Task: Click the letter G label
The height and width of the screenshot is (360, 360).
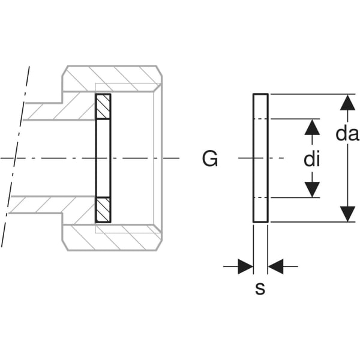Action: pyautogui.click(x=210, y=160)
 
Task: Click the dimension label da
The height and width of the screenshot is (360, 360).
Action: pyautogui.click(x=347, y=134)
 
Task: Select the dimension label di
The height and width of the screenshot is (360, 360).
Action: pyautogui.click(x=311, y=160)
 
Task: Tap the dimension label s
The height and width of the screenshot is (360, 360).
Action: pyautogui.click(x=260, y=289)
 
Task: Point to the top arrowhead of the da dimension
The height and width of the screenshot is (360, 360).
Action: pyautogui.click(x=347, y=103)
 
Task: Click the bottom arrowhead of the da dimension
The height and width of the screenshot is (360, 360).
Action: pyautogui.click(x=347, y=214)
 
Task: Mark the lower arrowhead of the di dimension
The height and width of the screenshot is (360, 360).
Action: pyautogui.click(x=311, y=189)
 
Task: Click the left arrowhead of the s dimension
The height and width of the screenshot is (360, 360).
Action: pyautogui.click(x=245, y=266)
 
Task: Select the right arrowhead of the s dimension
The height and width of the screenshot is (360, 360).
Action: pyautogui.click(x=275, y=266)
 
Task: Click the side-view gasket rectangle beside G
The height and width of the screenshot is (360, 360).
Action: pyautogui.click(x=260, y=158)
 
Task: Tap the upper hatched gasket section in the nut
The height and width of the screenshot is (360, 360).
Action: pyautogui.click(x=103, y=107)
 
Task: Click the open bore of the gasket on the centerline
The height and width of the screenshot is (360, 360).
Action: pyautogui.click(x=103, y=158)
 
